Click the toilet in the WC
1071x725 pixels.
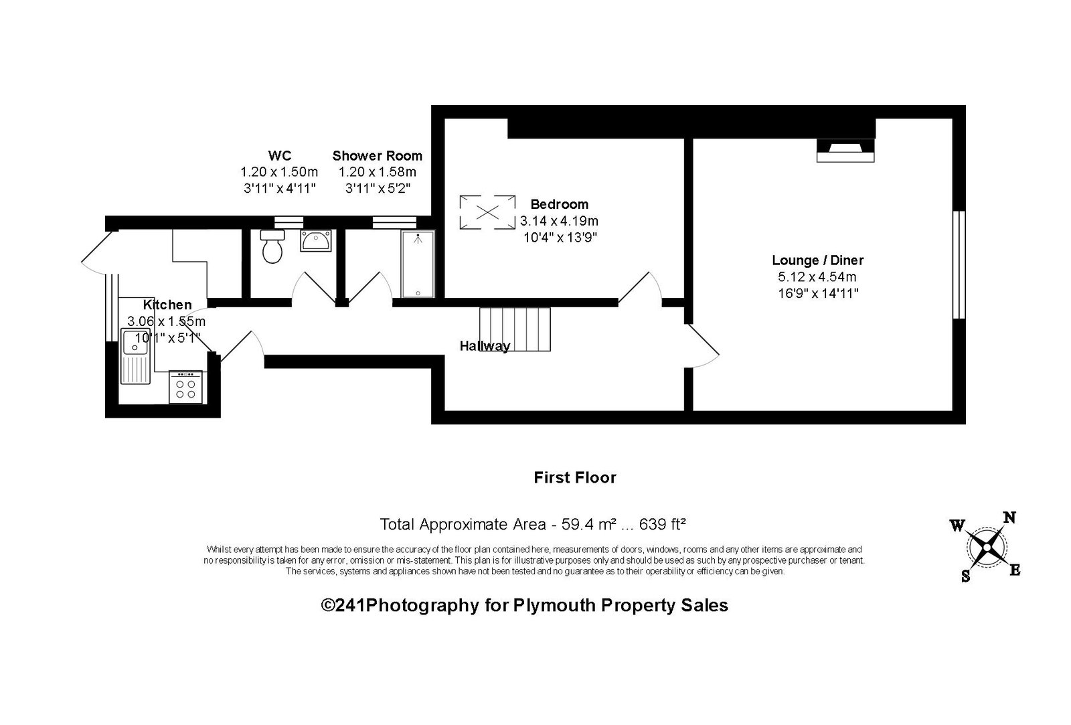[x=272, y=246]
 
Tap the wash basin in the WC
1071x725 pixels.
[x=315, y=240]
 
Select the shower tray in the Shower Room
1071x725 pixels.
[x=418, y=264]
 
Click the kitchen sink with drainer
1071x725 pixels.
[x=135, y=355]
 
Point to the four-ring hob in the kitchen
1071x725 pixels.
[x=185, y=388]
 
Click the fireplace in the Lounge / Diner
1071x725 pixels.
[x=845, y=150]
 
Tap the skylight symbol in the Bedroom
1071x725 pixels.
[x=488, y=212]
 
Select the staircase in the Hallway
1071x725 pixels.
[x=515, y=329]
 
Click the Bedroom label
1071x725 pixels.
[x=560, y=204]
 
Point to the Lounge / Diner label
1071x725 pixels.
[x=817, y=260]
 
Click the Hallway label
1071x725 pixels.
[x=485, y=345]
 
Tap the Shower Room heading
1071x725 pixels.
[x=378, y=155]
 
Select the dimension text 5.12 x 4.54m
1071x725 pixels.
[x=817, y=277]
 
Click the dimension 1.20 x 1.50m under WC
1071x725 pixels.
[x=279, y=171]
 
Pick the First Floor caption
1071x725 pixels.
[x=575, y=477]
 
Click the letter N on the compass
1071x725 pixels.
[x=1009, y=517]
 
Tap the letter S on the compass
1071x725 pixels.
[x=966, y=576]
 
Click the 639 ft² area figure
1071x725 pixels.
[x=663, y=524]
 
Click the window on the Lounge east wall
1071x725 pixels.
[x=959, y=264]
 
